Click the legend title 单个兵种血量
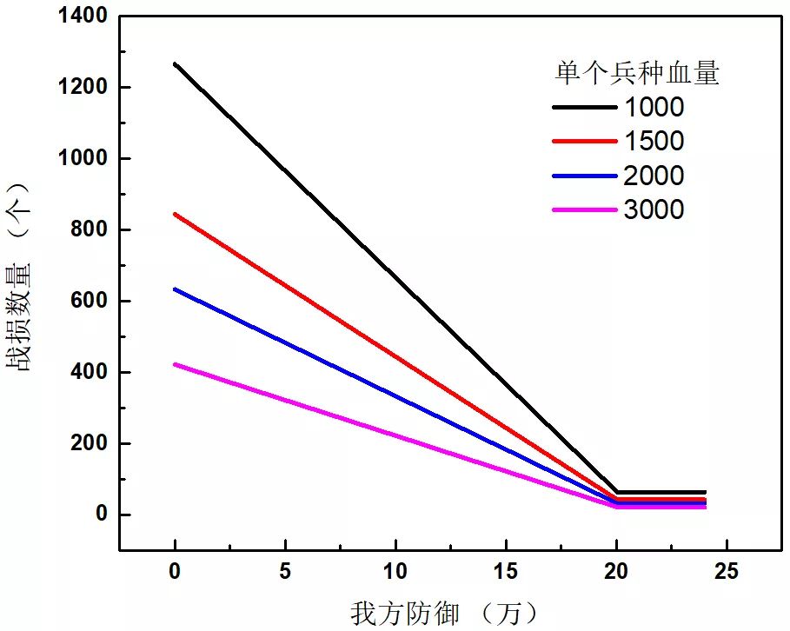click(637, 74)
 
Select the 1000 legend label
click(654, 107)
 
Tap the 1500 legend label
click(654, 141)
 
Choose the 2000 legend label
click(654, 176)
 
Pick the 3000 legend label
click(654, 209)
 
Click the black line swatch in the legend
click(582, 108)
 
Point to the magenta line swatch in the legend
click(582, 210)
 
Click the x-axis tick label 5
click(285, 571)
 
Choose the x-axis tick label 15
click(506, 571)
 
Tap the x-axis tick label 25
click(727, 571)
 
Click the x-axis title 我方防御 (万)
click(444, 613)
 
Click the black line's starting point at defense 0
click(175, 63)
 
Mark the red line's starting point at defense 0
click(175, 214)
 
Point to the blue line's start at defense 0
click(175, 289)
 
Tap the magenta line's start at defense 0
click(175, 364)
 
